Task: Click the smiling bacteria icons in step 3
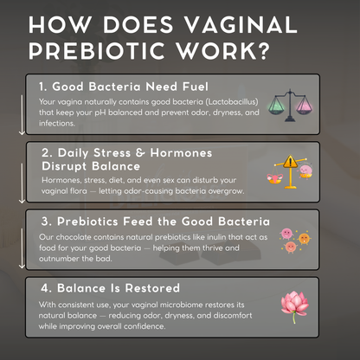tap(299, 240)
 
